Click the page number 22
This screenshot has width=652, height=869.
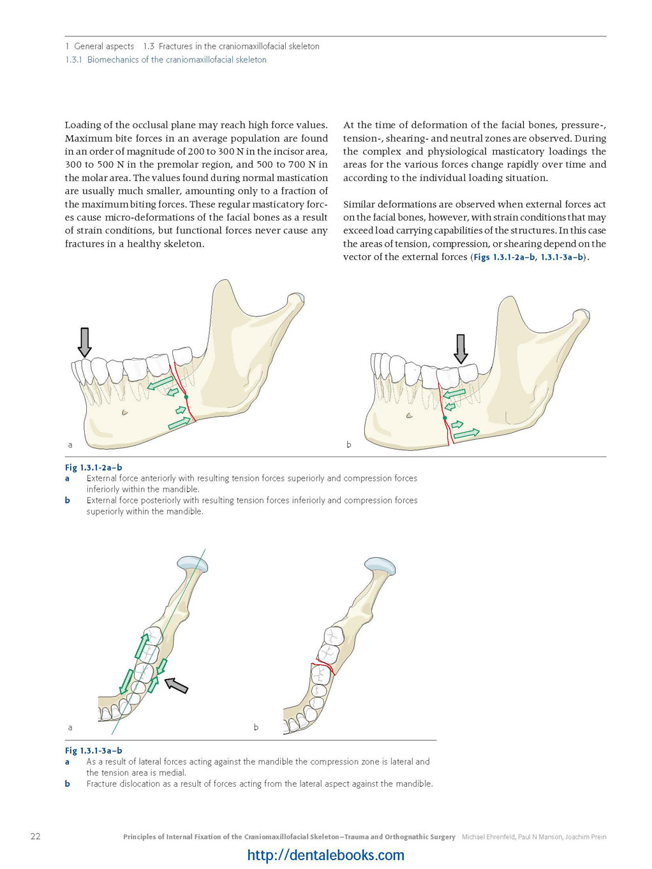pyautogui.click(x=35, y=836)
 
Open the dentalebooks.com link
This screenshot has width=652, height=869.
pyautogui.click(x=325, y=855)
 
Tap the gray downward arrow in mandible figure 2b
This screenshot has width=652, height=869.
pyautogui.click(x=460, y=349)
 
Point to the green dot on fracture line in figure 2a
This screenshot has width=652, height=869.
pyautogui.click(x=186, y=397)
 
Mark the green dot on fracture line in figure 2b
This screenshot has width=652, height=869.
pyautogui.click(x=445, y=418)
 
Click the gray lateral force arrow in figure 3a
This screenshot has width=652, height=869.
pyautogui.click(x=176, y=685)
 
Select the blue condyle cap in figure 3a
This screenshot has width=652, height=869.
pyautogui.click(x=193, y=564)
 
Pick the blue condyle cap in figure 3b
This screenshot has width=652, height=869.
pyautogui.click(x=380, y=566)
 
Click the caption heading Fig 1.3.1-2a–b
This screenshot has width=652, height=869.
pyautogui.click(x=94, y=467)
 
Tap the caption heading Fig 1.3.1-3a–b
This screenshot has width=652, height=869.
pyautogui.click(x=94, y=750)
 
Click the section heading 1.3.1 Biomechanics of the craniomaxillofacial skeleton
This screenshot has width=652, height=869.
pyautogui.click(x=166, y=60)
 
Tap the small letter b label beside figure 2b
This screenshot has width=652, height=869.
pyautogui.click(x=348, y=444)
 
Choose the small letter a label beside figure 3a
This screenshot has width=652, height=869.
pyautogui.click(x=70, y=727)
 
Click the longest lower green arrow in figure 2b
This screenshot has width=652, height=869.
pyautogui.click(x=466, y=434)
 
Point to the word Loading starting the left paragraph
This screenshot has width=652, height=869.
pyautogui.click(x=83, y=126)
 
